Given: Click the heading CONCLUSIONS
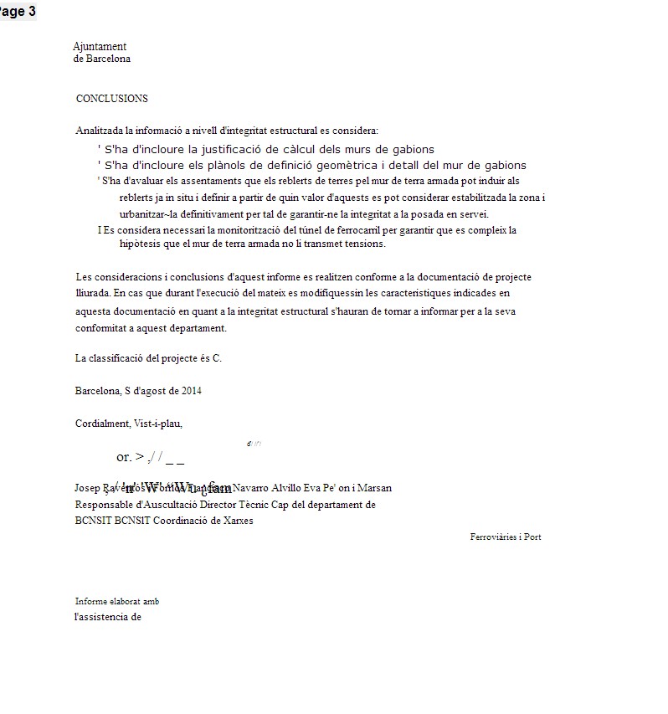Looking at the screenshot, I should point(111,99).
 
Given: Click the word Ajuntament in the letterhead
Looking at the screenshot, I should point(100,47).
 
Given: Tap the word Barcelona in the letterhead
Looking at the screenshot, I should point(108,59).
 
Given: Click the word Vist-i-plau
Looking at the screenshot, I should point(158,424).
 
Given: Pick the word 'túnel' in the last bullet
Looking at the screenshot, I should point(306,230).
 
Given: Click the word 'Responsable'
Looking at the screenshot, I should point(103,505).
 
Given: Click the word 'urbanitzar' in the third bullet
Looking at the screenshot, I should point(142,213).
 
